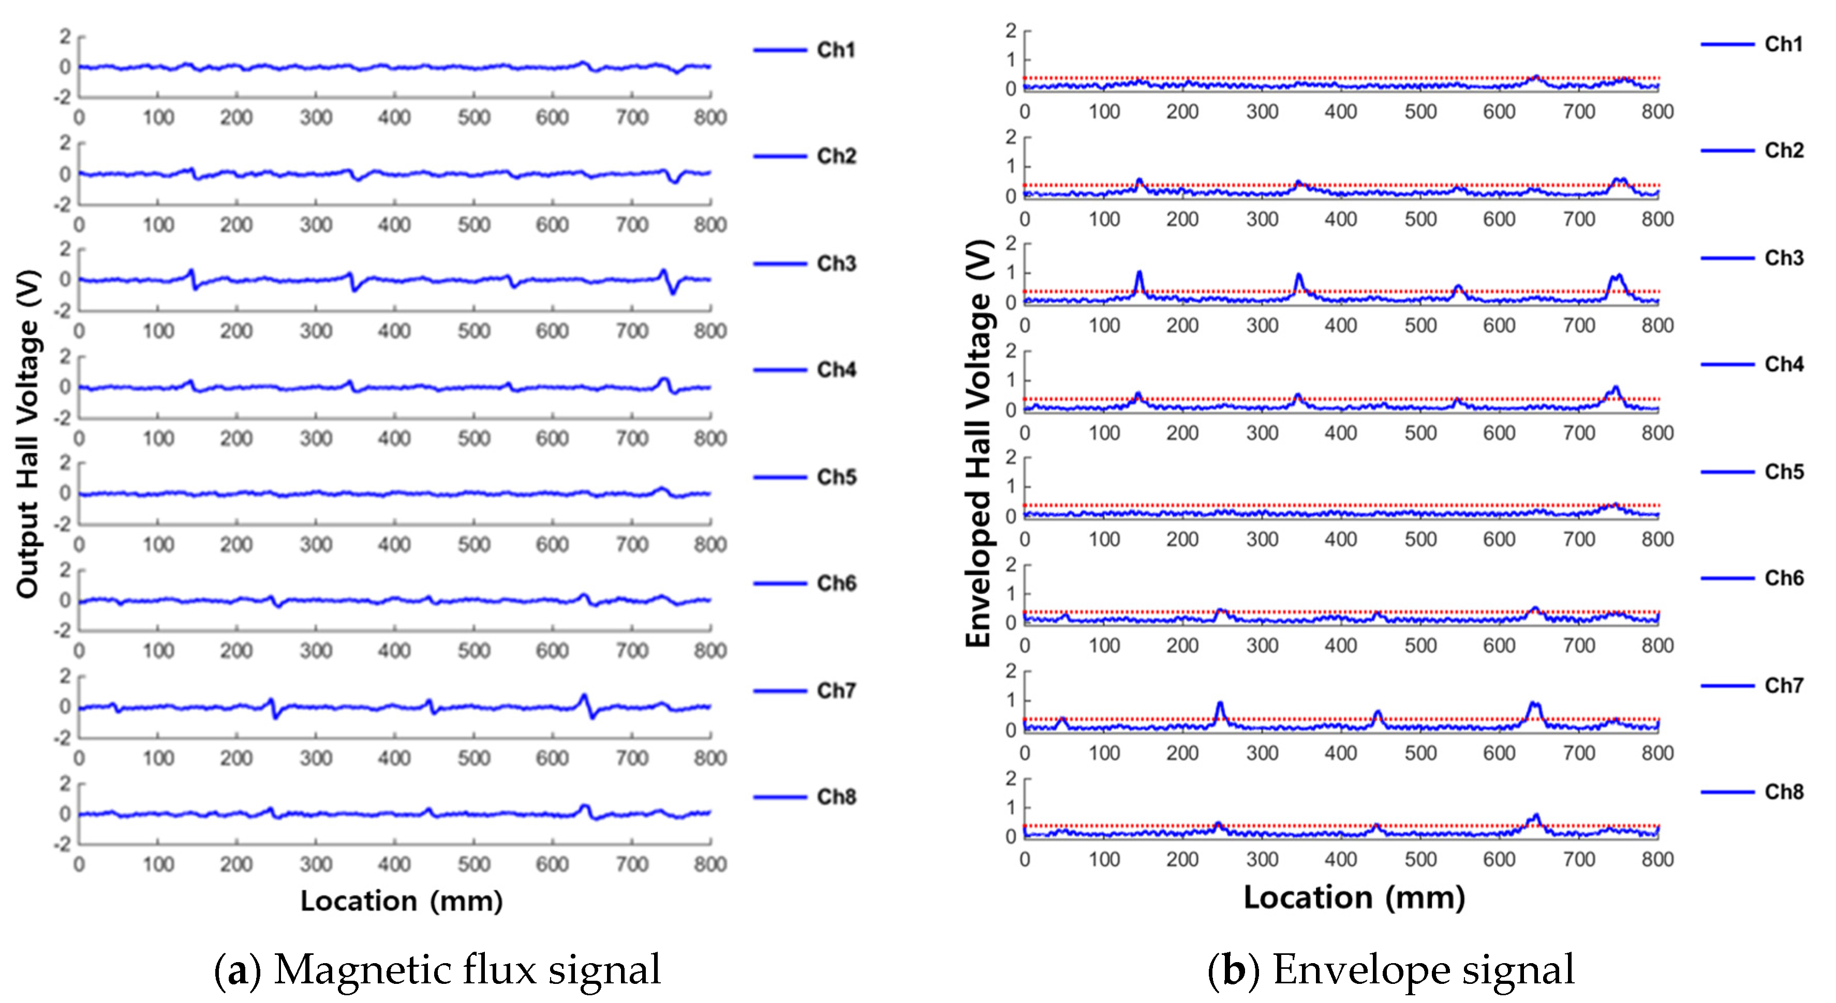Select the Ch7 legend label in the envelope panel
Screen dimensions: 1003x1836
click(x=1783, y=685)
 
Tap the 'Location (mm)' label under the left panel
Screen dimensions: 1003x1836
click(x=401, y=901)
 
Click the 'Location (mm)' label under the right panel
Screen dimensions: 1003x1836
click(x=1354, y=897)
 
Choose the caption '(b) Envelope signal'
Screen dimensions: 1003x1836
click(x=1390, y=970)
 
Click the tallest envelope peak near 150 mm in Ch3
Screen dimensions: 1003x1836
click(x=1139, y=273)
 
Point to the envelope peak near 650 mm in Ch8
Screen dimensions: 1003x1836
click(x=1536, y=816)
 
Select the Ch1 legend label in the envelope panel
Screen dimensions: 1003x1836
click(x=1783, y=44)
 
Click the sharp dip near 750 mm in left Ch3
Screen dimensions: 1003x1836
click(x=672, y=292)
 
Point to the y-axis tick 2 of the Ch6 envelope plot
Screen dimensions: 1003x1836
click(x=1010, y=565)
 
